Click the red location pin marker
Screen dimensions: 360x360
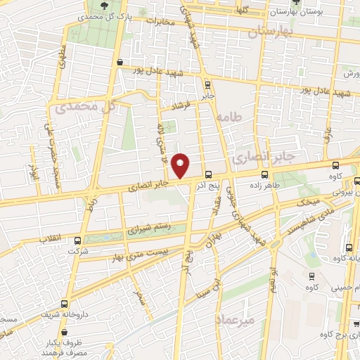point(181,164)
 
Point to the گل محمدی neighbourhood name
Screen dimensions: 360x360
point(84,108)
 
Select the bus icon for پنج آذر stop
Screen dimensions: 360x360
point(207,175)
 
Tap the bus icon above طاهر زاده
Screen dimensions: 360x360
point(264,174)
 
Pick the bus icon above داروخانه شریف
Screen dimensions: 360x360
point(65,304)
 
